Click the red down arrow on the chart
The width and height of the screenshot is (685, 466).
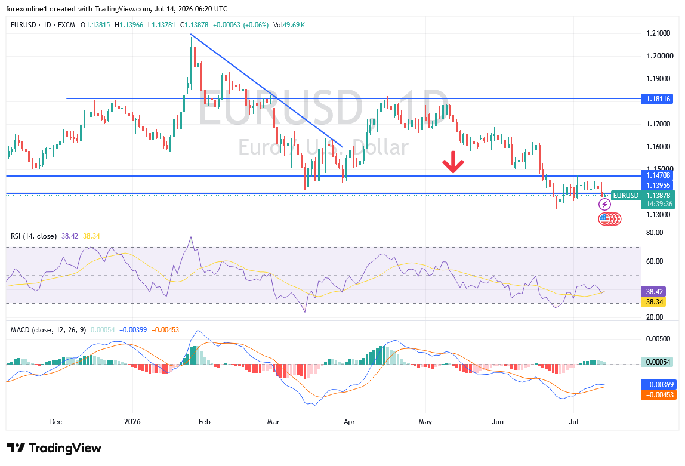point(453,162)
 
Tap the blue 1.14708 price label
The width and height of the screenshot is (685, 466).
point(658,175)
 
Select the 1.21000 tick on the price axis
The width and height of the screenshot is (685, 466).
point(658,33)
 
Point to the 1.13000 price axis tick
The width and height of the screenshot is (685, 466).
point(658,214)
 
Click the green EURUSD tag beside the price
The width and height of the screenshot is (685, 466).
point(625,196)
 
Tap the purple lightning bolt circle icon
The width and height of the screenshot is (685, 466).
point(604,204)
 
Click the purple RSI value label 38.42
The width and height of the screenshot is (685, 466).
point(654,292)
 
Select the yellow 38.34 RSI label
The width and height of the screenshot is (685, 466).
point(654,302)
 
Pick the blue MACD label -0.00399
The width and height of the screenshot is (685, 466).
point(658,385)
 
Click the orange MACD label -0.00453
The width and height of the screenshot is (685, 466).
point(658,395)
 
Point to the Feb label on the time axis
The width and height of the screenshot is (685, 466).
point(204,422)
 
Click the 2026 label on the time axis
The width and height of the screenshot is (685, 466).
point(132,422)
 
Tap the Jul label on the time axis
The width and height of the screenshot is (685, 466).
point(573,422)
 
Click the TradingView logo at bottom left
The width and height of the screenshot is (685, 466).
point(54,448)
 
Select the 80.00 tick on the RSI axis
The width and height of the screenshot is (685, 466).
point(655,233)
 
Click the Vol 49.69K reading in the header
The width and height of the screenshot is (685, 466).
point(289,25)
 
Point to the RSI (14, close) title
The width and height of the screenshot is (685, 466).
point(33,236)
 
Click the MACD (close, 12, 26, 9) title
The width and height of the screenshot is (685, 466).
point(48,330)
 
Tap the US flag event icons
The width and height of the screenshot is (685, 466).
point(609,219)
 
